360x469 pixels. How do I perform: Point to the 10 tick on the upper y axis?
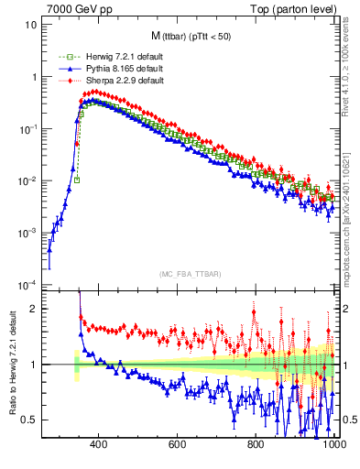pos(31,25)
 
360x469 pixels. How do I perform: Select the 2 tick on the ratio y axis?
pos(34,310)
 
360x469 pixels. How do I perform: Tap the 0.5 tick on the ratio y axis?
pos(30,420)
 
